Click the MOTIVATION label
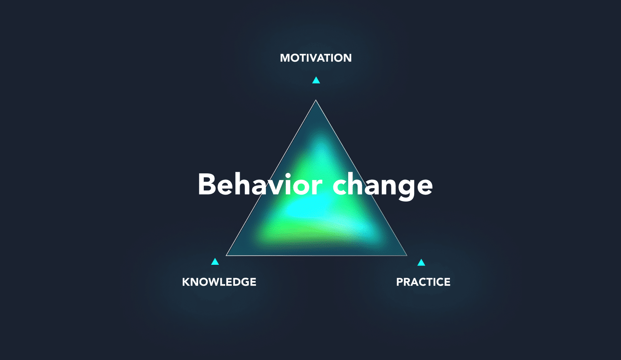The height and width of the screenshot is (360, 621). [316, 58]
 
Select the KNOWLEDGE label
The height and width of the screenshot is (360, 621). [219, 282]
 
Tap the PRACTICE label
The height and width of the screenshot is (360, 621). [423, 282]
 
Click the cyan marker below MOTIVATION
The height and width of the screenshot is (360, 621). [316, 80]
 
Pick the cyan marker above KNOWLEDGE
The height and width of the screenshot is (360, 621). [215, 262]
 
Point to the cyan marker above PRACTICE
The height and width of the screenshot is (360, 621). [421, 262]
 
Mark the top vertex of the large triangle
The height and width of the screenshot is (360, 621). [316, 101]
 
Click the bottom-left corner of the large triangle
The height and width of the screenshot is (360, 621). [227, 255]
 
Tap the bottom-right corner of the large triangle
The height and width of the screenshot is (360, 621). [407, 255]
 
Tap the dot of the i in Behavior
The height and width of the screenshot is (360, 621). [288, 176]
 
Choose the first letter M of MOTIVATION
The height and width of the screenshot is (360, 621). [285, 58]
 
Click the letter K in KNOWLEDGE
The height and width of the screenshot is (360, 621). [186, 282]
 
